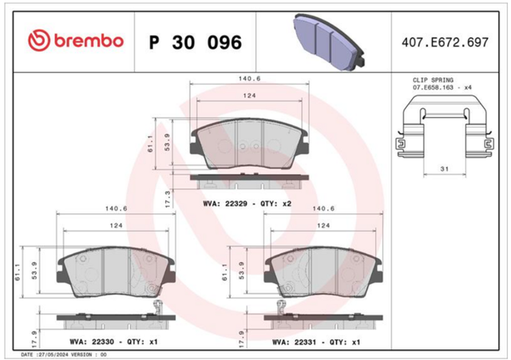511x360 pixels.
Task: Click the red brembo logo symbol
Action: tap(39, 41)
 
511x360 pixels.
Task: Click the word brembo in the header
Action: tap(89, 41)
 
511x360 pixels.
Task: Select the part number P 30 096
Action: tap(195, 42)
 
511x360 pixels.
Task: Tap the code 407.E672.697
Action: tap(445, 42)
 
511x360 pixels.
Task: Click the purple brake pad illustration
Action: tap(328, 42)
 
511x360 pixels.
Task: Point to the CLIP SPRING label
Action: tap(433, 80)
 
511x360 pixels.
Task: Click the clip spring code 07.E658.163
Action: tap(433, 87)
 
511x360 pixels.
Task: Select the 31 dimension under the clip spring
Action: tap(445, 168)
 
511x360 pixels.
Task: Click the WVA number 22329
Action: tap(236, 204)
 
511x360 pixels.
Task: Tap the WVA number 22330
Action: tap(103, 342)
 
